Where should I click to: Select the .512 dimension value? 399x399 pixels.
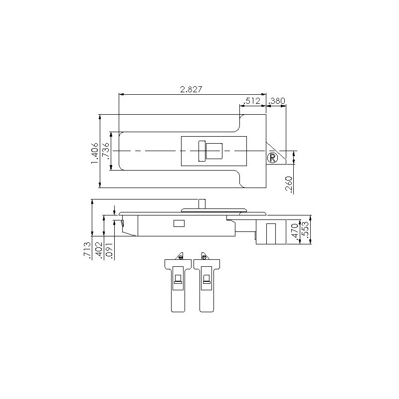point(252,101)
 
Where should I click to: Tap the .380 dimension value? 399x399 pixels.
point(277,101)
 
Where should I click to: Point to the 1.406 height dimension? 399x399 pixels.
point(94,151)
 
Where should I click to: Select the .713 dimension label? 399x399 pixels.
point(87,250)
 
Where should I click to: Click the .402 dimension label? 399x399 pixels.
point(99,250)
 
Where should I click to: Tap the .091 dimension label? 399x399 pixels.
point(110,250)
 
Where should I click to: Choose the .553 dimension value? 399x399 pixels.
point(306,230)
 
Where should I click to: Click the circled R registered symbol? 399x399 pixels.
point(272,158)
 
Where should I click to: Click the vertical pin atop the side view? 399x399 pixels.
point(202,203)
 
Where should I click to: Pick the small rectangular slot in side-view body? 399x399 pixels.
point(179,223)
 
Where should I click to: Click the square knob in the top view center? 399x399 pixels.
point(214,151)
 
